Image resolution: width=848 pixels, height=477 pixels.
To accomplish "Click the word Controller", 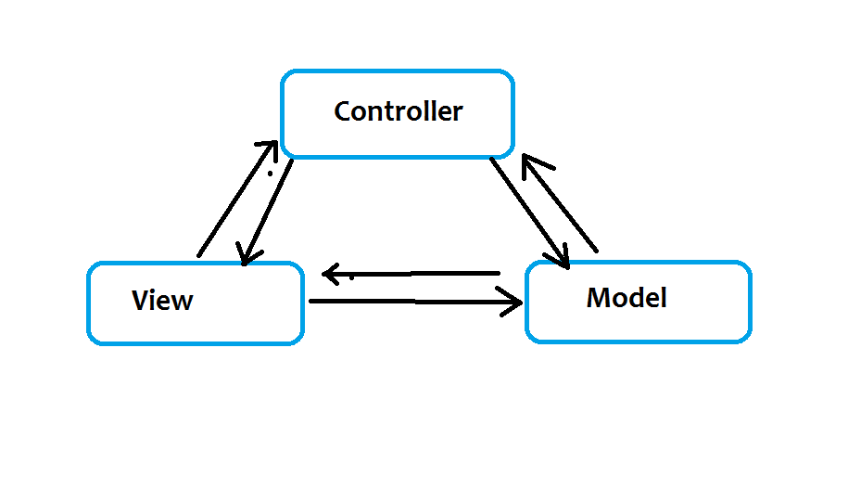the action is point(399,111).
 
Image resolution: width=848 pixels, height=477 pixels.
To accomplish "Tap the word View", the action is point(162,301).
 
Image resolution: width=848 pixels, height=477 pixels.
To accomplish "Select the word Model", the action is point(627,298).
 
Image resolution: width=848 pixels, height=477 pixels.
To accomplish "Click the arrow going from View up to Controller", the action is point(238,199).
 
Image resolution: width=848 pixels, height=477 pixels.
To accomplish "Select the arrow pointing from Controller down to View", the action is point(265,212).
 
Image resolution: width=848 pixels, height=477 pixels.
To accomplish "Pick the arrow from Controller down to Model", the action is point(529,213).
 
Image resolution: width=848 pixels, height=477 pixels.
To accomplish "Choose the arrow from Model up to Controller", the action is point(560,203).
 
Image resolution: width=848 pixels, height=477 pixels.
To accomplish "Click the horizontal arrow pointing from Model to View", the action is point(411,274).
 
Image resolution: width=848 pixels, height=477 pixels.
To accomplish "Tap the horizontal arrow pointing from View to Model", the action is point(415,302).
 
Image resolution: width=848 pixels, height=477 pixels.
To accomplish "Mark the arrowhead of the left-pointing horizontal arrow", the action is point(331,275).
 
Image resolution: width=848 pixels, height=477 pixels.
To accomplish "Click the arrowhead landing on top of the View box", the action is point(247,254).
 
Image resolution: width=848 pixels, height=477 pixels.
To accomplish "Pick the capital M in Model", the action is point(597,298).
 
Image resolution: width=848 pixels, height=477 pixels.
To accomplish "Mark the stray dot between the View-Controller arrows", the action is point(270,174).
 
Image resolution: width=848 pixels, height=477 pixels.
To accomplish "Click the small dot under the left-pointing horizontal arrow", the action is point(351,277).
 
